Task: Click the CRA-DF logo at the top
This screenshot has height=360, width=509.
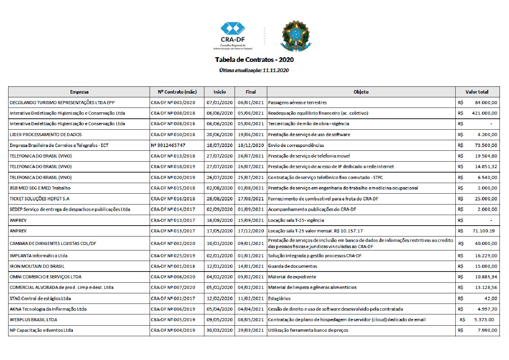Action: (233, 35)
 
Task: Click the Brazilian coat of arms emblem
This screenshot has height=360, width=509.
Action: (295, 35)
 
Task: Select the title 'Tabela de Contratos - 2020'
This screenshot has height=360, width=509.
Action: (254, 60)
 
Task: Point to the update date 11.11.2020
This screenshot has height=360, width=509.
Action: (276, 70)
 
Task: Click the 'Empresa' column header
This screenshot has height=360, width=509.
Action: (79, 92)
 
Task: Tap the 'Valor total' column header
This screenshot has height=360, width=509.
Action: (477, 92)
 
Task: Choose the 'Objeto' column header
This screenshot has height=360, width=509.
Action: (361, 92)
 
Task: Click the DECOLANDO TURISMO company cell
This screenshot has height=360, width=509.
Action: (62, 102)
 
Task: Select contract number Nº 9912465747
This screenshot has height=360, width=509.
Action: (168, 145)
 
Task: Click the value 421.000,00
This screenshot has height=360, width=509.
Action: (485, 113)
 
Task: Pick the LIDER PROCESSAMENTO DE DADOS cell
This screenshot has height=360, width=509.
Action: (46, 134)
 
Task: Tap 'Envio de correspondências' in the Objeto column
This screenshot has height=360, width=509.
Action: (296, 145)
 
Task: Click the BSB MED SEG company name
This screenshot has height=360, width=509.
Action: (40, 188)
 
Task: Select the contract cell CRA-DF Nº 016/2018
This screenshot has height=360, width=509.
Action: (173, 199)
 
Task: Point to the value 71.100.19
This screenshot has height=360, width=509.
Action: (483, 231)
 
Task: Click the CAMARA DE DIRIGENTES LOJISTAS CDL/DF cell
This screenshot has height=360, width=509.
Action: (53, 243)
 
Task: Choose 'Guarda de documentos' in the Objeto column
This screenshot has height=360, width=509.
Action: (292, 266)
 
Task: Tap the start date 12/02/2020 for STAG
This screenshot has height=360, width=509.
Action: (220, 298)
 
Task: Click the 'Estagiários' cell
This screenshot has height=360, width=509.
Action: (279, 298)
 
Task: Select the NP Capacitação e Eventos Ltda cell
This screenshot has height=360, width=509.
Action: (41, 330)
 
